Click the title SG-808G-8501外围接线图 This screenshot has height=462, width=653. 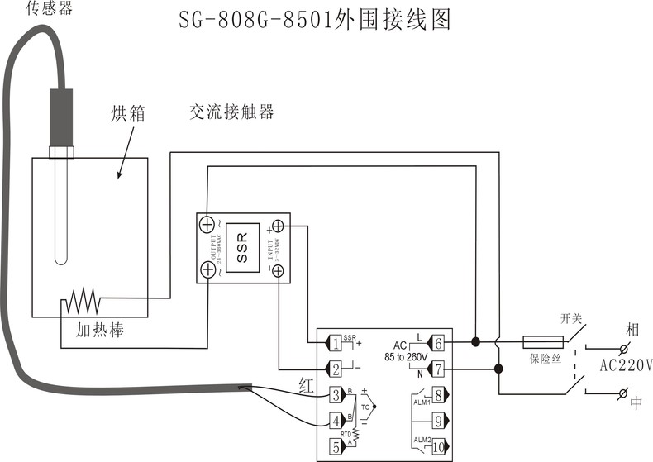click(315, 20)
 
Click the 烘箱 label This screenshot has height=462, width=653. click(127, 114)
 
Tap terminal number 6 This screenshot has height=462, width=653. click(438, 342)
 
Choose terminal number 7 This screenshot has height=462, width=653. click(438, 369)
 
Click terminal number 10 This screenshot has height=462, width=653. click(438, 446)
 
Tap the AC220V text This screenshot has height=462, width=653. click(626, 364)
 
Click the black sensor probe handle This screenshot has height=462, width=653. click(61, 116)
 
